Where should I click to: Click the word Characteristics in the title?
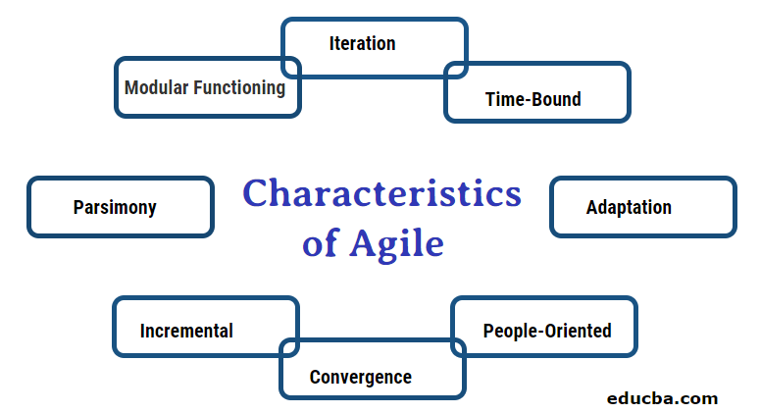click(382, 193)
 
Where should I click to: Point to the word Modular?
click(156, 87)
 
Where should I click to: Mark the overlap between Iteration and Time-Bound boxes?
click(456, 71)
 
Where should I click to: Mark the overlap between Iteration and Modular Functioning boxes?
click(291, 68)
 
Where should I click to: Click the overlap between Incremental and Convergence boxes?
click(289, 347)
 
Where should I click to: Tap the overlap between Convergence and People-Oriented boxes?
click(458, 347)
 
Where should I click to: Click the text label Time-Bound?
click(532, 99)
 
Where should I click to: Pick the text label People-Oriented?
click(547, 331)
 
